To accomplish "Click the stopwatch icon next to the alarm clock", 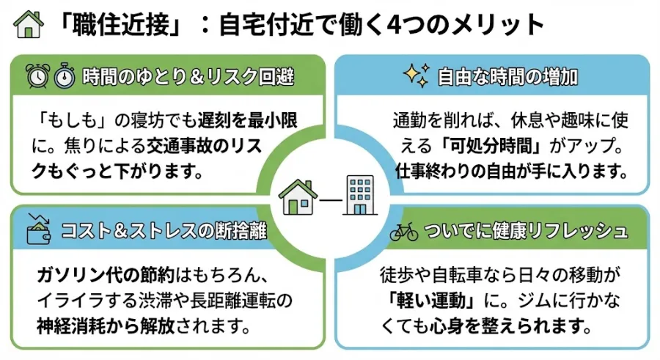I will click(65, 76).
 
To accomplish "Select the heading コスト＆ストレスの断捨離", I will click(161, 232).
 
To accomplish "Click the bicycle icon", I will click(403, 232).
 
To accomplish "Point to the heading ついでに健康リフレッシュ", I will click(526, 232).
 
